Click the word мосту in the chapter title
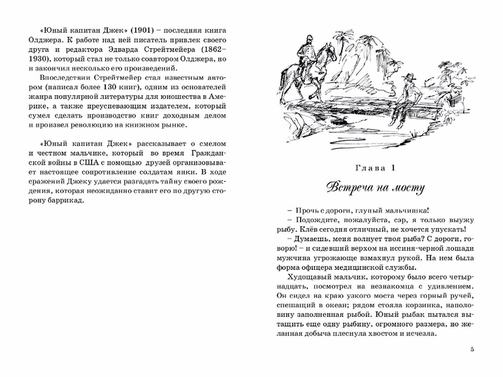[x=410, y=189]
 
